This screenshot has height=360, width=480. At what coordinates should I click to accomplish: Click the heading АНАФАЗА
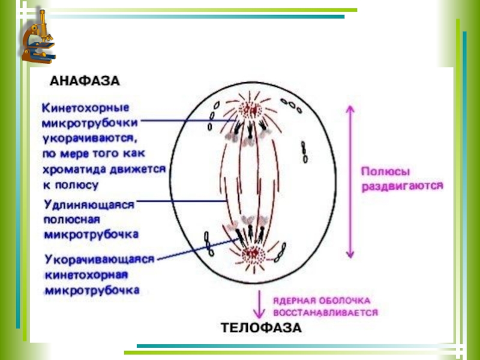[x=84, y=80]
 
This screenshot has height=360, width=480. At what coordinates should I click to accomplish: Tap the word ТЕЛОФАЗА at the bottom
[x=262, y=328]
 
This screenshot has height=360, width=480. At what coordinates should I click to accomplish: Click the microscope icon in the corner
[x=37, y=37]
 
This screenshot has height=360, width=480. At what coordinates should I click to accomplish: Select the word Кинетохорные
[x=85, y=109]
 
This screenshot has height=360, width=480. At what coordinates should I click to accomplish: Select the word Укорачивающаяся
[x=100, y=260]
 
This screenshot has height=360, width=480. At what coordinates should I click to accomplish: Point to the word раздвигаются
[x=401, y=187]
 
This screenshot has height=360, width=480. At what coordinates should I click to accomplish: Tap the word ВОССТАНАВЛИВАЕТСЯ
[x=325, y=313]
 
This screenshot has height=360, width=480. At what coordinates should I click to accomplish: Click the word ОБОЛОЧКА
[x=350, y=299]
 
